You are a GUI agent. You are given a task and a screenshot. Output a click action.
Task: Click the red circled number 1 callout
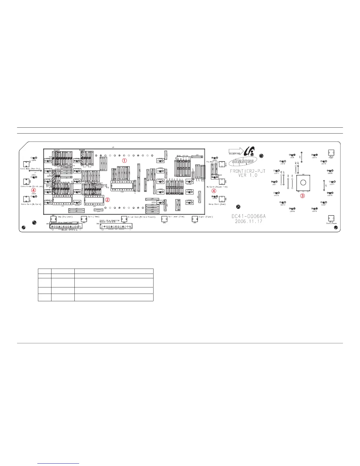click(125, 161)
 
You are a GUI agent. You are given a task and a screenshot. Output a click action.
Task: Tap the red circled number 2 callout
click(108, 200)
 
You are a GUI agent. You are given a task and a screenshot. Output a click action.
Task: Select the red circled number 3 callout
click(302, 196)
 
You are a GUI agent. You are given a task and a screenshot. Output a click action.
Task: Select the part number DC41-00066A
click(249, 217)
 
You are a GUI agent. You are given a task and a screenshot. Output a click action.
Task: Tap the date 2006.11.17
click(249, 222)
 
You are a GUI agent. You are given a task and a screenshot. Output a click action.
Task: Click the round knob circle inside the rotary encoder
click(303, 182)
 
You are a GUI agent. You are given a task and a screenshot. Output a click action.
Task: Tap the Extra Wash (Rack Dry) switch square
click(26, 164)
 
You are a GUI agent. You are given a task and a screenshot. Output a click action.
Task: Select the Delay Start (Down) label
click(217, 204)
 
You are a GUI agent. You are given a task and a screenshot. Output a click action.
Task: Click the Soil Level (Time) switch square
click(164, 219)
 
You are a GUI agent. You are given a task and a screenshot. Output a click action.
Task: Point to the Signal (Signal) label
click(206, 217)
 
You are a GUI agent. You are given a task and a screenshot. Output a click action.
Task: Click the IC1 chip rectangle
click(63, 200)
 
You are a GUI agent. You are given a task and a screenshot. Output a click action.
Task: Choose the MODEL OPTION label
click(182, 156)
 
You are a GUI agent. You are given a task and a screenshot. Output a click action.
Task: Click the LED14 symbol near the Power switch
click(314, 155)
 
